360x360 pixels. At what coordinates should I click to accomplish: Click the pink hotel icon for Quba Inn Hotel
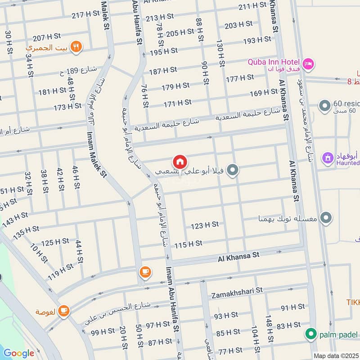[308, 64]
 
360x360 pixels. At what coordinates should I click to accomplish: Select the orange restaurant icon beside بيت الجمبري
[76, 47]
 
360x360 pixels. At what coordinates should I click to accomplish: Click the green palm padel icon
[310, 334]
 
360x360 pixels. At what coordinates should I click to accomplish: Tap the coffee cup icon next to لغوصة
[64, 311]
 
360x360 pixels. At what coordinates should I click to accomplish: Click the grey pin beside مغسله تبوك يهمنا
[327, 218]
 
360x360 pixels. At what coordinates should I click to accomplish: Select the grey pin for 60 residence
[324, 107]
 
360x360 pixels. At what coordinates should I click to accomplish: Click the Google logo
[18, 353]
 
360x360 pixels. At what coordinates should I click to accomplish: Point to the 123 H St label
[204, 225]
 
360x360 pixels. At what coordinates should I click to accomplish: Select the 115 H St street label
[188, 244]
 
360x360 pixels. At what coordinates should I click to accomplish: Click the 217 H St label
[85, 14]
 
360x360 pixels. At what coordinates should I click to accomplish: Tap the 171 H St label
[177, 104]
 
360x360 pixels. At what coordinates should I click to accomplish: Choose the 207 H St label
[46, 38]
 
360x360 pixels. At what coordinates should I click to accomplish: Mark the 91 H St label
[292, 307]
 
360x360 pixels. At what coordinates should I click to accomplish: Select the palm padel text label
[338, 335]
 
